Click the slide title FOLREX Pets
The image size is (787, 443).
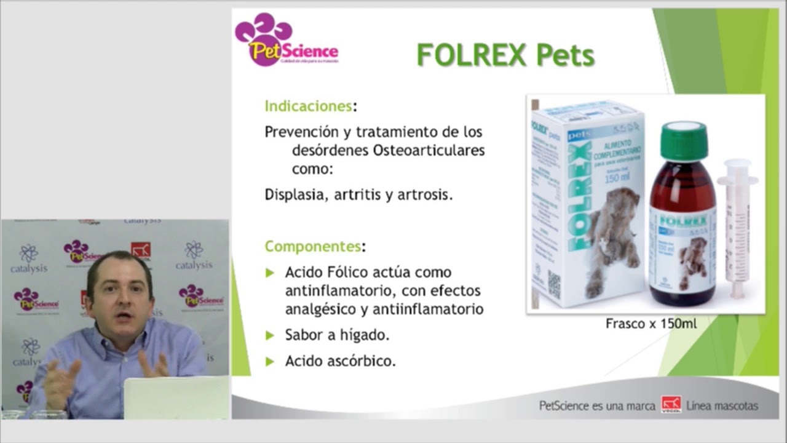pos(505,55)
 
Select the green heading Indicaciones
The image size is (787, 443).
pos(309,106)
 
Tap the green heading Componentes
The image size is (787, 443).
pos(312,247)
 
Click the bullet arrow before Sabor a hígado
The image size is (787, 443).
pos(270,336)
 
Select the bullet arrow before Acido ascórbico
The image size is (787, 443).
pos(270,362)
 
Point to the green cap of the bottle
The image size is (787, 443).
pos(683,140)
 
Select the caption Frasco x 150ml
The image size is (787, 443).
pos(651,323)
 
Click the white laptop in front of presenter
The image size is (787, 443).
pos(176,399)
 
